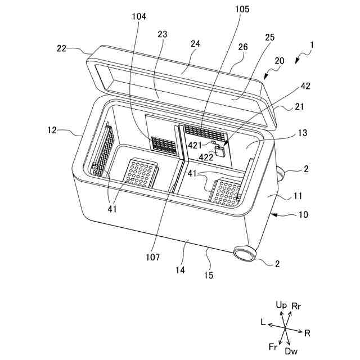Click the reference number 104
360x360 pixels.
[x=139, y=17]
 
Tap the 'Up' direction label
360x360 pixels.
[x=282, y=304]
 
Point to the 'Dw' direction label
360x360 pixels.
[x=291, y=351]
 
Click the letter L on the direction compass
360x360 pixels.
[x=262, y=322]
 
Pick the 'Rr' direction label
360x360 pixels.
[x=297, y=305]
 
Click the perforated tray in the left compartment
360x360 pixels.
[x=140, y=173]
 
